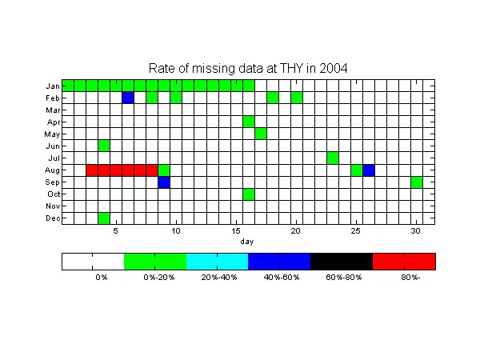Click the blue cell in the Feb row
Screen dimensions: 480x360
pos(128,98)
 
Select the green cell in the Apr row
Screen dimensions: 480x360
pos(249,122)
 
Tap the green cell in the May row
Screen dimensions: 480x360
pos(261,134)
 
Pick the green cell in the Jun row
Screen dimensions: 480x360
pos(104,146)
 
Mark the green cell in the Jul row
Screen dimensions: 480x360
pos(333,158)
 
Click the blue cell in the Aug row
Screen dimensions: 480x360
pos(369,170)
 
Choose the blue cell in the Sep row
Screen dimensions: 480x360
pos(164,182)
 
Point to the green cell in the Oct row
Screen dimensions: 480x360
pos(249,194)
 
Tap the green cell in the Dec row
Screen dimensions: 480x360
pos(104,218)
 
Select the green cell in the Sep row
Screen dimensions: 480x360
pos(417,182)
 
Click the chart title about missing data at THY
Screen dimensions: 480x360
pos(248,68)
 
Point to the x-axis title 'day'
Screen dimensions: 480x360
pos(247,242)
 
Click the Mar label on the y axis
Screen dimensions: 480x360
pos(53,110)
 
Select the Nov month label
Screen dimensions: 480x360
pos(53,206)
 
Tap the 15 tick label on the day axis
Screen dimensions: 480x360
pos(236,231)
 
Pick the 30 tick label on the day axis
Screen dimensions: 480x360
pos(415,231)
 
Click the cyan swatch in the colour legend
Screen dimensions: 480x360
pos(217,262)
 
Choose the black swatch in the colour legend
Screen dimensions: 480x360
pos(342,262)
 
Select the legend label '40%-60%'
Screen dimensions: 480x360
pos(282,278)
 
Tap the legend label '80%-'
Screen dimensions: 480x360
pos(410,278)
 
